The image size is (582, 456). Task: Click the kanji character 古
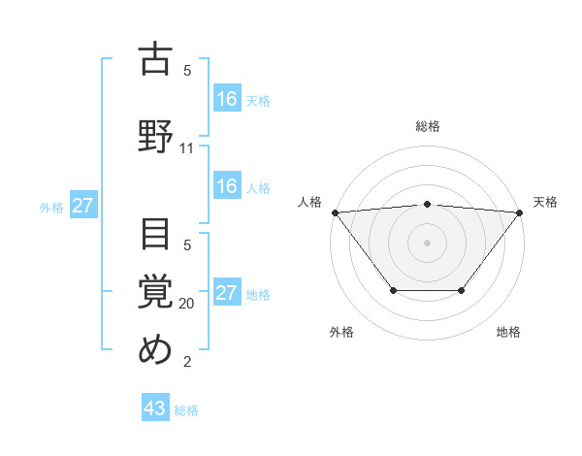156,59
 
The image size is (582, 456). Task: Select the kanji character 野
156,135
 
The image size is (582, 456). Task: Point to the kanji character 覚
156,290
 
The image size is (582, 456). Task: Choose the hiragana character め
156,348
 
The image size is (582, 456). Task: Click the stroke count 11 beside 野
187,148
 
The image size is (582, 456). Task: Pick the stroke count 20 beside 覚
187,304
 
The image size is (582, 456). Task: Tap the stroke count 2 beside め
187,362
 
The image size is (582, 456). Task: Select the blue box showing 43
155,408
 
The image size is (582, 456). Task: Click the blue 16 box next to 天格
227,98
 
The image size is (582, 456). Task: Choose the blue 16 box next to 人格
227,186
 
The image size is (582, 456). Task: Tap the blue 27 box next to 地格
227,293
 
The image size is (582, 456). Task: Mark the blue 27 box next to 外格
83,206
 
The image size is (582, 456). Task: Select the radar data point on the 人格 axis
335,212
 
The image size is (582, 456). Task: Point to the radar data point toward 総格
427,204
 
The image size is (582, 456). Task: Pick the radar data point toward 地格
461,290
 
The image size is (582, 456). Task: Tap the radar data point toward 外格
393,290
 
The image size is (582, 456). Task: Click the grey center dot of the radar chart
427,243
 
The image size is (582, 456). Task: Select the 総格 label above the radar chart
427,126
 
